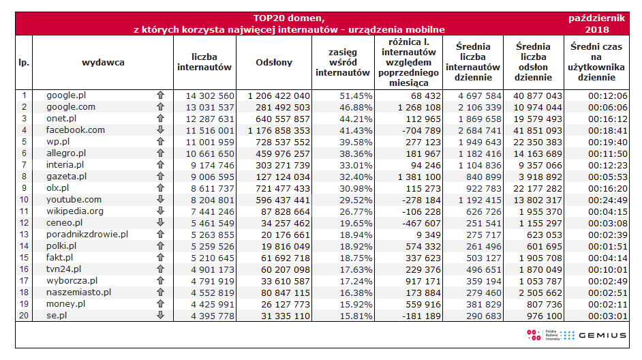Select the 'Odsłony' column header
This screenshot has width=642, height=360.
point(273,62)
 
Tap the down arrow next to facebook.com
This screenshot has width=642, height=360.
point(160,130)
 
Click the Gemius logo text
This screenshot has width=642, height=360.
point(602,335)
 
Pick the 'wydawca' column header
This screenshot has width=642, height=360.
point(102,62)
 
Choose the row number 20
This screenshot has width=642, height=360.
point(24,315)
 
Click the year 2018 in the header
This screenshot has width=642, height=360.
point(597,29)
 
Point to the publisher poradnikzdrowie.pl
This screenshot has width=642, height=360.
point(87,234)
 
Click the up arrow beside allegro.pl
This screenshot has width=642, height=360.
point(160,153)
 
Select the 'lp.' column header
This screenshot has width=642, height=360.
point(24,62)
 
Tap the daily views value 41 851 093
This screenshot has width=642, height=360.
point(537,130)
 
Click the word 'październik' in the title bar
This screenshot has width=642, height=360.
point(596,18)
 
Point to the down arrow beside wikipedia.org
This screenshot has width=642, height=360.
point(160,211)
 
